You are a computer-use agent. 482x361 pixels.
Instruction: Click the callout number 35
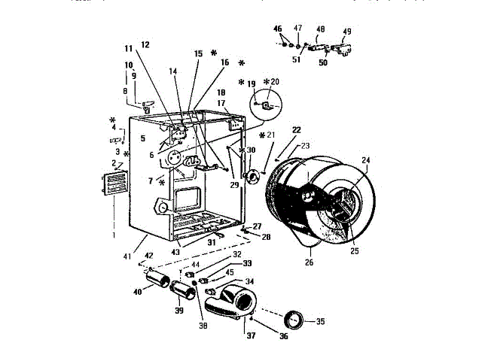pyautogui.click(x=320, y=322)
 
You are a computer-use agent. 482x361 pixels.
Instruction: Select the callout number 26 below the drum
pyautogui.click(x=308, y=262)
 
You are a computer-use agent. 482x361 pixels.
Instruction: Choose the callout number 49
pyautogui.click(x=347, y=32)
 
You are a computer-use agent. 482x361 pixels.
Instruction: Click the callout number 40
pyautogui.click(x=138, y=293)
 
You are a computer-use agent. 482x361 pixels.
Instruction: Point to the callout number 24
pyautogui.click(x=366, y=160)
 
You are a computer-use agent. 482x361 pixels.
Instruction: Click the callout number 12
pyautogui.click(x=145, y=44)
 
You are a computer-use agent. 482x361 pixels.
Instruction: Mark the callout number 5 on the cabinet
pyautogui.click(x=142, y=138)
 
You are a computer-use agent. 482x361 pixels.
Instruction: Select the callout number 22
pyautogui.click(x=296, y=130)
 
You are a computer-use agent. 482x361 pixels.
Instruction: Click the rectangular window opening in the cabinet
pyautogui.click(x=188, y=199)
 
